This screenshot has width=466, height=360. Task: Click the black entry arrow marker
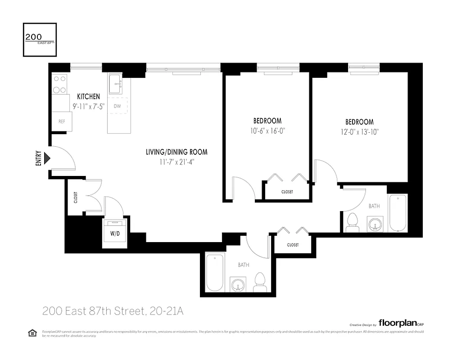(x=47, y=159)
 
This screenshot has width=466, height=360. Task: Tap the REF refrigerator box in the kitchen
(x=62, y=121)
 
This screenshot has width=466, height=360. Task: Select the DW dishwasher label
(x=117, y=106)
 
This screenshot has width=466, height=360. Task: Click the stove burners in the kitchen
(x=59, y=84)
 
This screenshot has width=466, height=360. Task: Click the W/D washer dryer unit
(x=114, y=233)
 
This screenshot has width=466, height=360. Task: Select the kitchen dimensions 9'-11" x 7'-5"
(x=88, y=107)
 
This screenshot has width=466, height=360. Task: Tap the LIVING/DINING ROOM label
(x=176, y=152)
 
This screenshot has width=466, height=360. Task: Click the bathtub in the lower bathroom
(x=215, y=272)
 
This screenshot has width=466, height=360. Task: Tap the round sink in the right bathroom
(x=375, y=224)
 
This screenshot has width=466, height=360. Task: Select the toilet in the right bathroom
(x=353, y=222)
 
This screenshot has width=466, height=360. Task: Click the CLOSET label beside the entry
(x=76, y=198)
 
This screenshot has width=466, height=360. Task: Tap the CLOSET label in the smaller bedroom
(x=287, y=192)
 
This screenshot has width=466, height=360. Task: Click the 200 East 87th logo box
(x=40, y=40)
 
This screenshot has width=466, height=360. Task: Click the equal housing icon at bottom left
(x=32, y=333)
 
